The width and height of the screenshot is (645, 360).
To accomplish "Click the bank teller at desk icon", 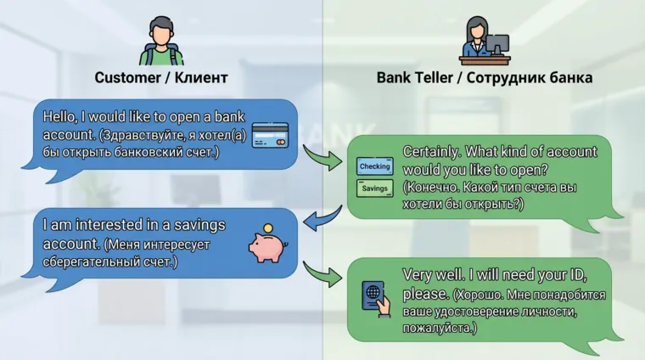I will tap(485, 41).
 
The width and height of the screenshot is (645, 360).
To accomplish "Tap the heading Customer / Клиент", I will tap(161, 78).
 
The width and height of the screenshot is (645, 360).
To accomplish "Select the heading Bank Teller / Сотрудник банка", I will tap(485, 78).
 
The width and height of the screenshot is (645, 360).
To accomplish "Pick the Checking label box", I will tap(374, 166).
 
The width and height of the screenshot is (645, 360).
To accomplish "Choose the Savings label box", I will tap(374, 188).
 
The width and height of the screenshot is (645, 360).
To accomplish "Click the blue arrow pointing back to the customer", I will tap(321, 222).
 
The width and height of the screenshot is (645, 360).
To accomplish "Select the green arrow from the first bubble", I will tap(322, 156).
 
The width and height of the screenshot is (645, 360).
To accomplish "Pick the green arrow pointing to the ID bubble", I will tap(322, 273).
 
